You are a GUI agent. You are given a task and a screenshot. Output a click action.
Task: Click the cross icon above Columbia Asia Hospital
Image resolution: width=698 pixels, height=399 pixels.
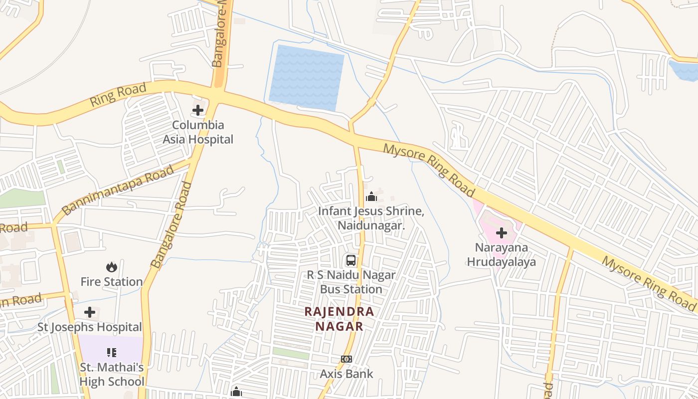[x=198, y=110]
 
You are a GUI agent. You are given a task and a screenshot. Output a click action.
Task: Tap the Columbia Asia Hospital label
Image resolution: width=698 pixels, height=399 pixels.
[x=198, y=132]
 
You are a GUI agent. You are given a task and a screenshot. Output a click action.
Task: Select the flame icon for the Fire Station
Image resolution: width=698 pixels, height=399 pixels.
[x=111, y=267]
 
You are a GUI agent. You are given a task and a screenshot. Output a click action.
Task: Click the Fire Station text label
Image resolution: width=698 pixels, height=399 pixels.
[x=112, y=282]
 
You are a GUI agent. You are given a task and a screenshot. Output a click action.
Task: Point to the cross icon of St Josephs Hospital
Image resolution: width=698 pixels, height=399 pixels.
[x=90, y=313]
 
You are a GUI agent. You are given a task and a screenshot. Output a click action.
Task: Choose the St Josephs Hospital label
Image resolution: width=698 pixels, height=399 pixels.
[x=90, y=327]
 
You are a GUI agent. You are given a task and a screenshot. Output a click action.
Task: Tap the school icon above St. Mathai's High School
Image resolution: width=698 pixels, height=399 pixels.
[x=112, y=353]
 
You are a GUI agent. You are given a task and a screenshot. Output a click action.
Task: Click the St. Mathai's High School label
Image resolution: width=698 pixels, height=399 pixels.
[x=112, y=375]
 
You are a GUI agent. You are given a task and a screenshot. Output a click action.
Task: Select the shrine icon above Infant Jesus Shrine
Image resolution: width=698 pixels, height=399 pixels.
[x=371, y=197]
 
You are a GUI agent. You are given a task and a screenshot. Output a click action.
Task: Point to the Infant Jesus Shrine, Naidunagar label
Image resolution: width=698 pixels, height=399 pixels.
[x=371, y=218]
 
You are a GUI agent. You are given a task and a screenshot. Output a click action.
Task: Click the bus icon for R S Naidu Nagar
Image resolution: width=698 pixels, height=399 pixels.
[x=351, y=260]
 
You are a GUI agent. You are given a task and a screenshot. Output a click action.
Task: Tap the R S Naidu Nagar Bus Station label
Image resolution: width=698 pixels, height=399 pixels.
[x=351, y=282]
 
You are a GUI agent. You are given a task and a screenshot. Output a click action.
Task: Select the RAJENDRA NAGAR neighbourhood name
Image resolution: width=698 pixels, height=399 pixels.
[x=339, y=319]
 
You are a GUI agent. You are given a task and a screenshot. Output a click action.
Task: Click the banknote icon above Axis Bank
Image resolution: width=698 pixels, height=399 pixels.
[x=347, y=359]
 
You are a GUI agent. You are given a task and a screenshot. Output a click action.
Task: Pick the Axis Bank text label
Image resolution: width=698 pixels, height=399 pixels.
[x=347, y=374]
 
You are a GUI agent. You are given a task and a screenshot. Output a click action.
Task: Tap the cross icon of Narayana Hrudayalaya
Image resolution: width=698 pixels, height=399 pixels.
[x=502, y=233]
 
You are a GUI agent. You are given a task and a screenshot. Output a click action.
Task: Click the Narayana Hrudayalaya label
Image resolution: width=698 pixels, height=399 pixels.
[x=502, y=254]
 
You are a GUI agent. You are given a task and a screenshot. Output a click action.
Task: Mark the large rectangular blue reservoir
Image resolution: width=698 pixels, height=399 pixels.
[x=306, y=77]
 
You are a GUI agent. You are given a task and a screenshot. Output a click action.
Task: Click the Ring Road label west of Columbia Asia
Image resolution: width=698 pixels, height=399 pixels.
[x=118, y=95]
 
